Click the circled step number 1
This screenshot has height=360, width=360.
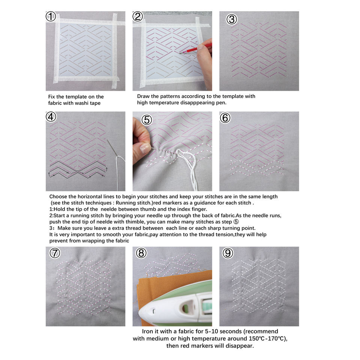[51, 16]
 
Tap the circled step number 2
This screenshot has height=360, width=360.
[138, 16]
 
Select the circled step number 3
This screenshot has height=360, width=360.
[231, 19]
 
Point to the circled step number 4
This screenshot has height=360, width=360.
[51, 117]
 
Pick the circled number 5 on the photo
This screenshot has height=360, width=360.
[147, 120]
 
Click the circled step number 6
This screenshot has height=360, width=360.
[225, 118]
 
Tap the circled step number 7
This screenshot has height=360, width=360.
[55, 253]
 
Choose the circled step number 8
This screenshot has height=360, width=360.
[141, 253]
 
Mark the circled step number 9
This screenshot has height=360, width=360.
[228, 253]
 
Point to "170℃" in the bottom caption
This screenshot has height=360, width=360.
[277, 338]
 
